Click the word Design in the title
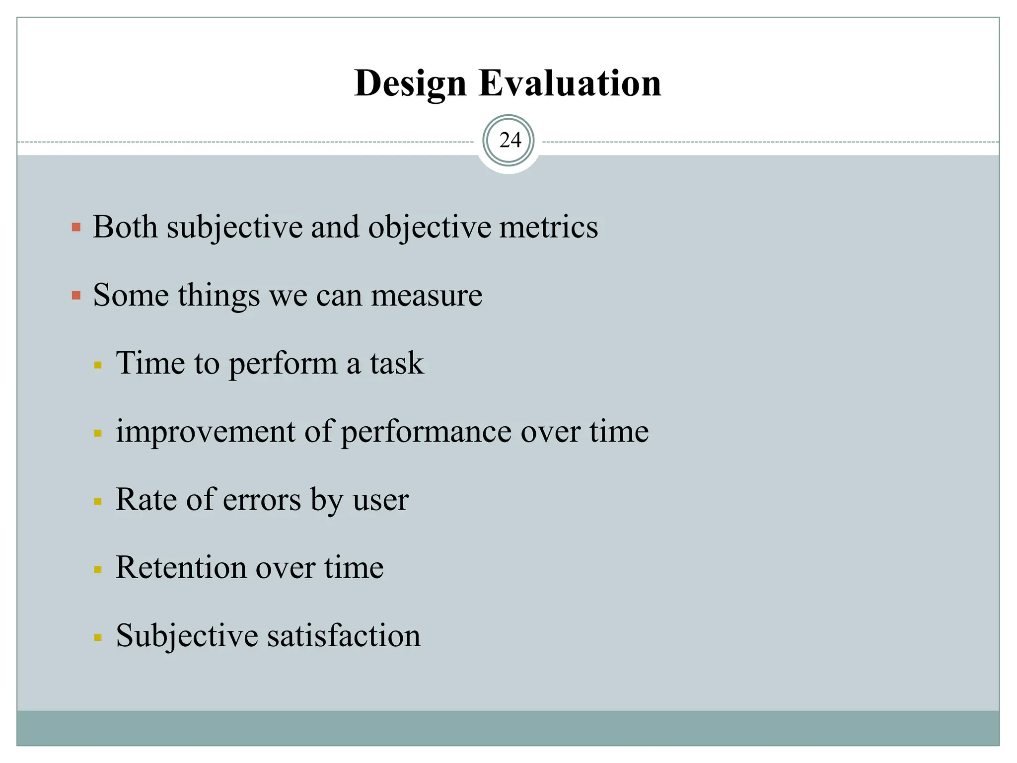tap(410, 83)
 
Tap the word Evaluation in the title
tap(570, 83)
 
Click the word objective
tap(429, 228)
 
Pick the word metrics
tap(548, 227)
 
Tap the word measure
tap(427, 296)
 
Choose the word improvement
tap(206, 432)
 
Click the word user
tap(381, 500)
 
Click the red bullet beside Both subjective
tap(76, 228)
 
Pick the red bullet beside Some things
tap(76, 296)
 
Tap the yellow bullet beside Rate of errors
tap(98, 502)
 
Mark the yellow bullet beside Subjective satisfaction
tap(98, 637)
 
